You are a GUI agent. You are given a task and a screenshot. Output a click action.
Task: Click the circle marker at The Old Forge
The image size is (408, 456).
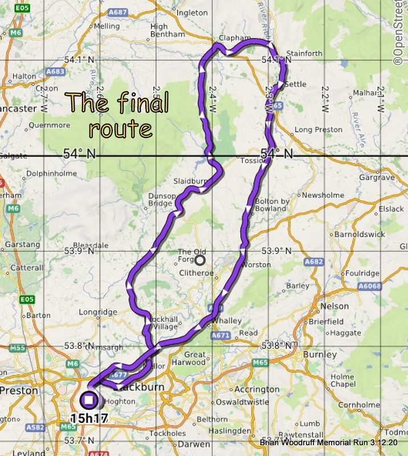click(199, 260)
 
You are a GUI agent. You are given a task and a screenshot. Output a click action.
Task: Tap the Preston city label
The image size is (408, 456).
click(19, 391)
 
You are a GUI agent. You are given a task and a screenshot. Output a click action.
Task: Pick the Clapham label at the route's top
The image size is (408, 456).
click(234, 38)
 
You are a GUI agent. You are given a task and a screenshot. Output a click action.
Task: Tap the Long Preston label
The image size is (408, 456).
click(319, 130)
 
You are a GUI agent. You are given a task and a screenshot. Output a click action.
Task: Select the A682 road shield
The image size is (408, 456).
click(314, 262)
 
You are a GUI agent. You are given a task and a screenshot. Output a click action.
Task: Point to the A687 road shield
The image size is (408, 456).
click(117, 11)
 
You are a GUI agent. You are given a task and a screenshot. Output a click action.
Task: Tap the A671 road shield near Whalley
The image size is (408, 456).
click(221, 336)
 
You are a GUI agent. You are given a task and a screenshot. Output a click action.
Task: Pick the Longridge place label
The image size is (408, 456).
click(98, 312)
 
